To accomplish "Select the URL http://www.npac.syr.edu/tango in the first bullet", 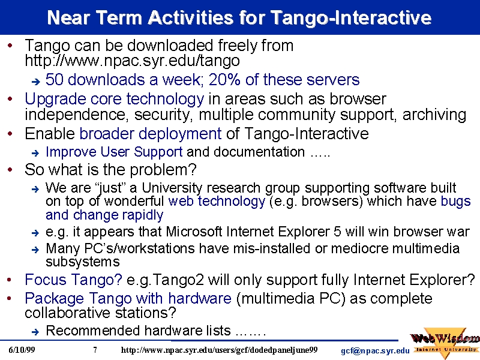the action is [x=132, y=61].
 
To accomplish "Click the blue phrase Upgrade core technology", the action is [x=114, y=100].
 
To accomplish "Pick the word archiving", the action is [x=434, y=115].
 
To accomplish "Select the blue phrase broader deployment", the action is [x=151, y=134].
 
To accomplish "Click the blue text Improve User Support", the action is [x=114, y=152].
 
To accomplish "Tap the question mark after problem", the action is [x=193, y=170].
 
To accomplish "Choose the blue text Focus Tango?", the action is [x=73, y=280].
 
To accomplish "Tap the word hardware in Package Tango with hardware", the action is [x=200, y=298].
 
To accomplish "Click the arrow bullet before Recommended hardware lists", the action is [x=35, y=332].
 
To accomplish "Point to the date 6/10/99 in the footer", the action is [x=22, y=350].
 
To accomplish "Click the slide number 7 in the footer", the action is [x=95, y=350].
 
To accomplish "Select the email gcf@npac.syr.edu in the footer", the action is [x=375, y=351].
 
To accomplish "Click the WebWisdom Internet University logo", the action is [x=445, y=343].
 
